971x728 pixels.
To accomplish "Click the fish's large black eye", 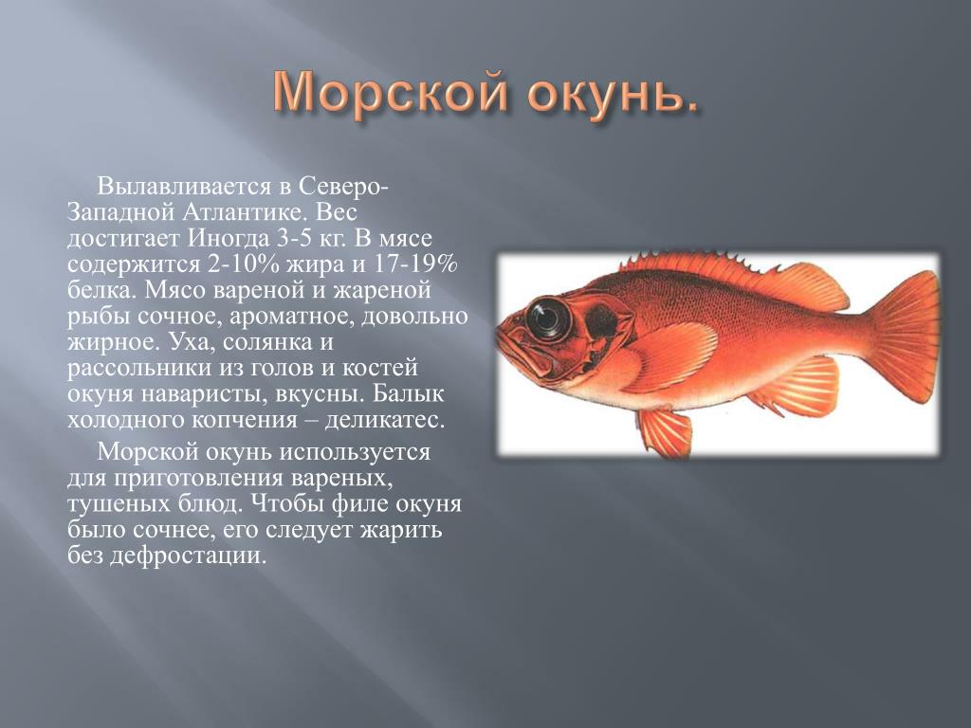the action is [547, 318].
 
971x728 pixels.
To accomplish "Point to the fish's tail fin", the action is [907, 338].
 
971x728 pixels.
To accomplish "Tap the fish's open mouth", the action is [515, 347].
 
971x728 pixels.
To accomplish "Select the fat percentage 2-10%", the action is [244, 264].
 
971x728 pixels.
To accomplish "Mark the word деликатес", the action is [385, 420].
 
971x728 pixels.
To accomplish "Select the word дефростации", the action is [189, 555].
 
